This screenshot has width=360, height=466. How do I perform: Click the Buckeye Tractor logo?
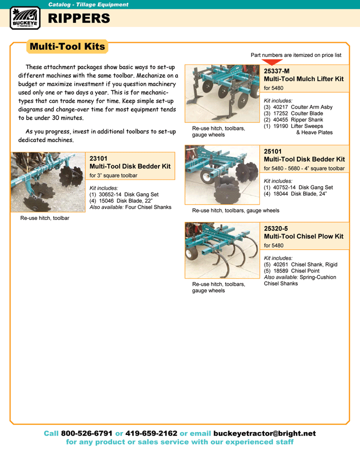24,18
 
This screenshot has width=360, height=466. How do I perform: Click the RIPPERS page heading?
78,18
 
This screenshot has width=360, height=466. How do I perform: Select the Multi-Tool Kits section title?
67,46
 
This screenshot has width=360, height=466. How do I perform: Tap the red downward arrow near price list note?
272,62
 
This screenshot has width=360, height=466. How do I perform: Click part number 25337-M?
276,71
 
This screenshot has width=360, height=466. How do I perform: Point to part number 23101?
98,158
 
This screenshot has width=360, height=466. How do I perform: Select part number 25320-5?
277,228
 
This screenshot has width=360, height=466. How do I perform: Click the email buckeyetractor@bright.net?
264,433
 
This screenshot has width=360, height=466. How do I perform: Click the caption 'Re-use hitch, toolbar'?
44,218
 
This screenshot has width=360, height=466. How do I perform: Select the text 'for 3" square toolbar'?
113,175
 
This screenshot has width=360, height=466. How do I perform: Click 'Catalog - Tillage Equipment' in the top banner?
88,4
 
